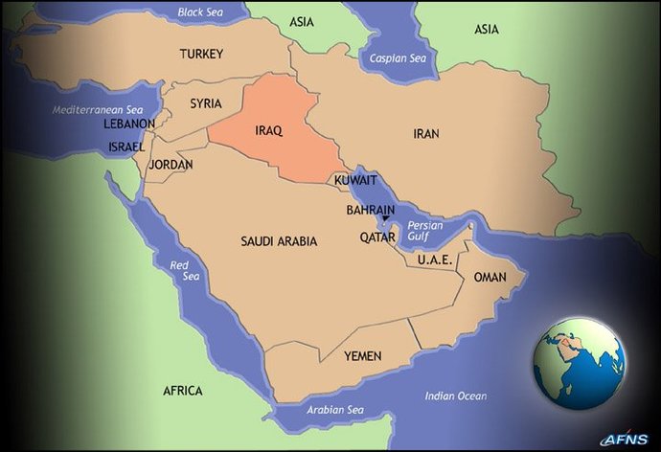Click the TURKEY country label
201,55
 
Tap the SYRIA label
206,103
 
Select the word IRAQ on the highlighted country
268,130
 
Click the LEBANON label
130,124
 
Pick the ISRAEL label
125,147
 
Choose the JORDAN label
171,165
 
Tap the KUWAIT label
356,180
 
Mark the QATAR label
377,237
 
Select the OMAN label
490,277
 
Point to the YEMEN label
362,356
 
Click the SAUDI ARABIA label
279,242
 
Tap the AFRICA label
182,391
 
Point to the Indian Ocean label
455,396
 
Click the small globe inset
581,364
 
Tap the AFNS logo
625,439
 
